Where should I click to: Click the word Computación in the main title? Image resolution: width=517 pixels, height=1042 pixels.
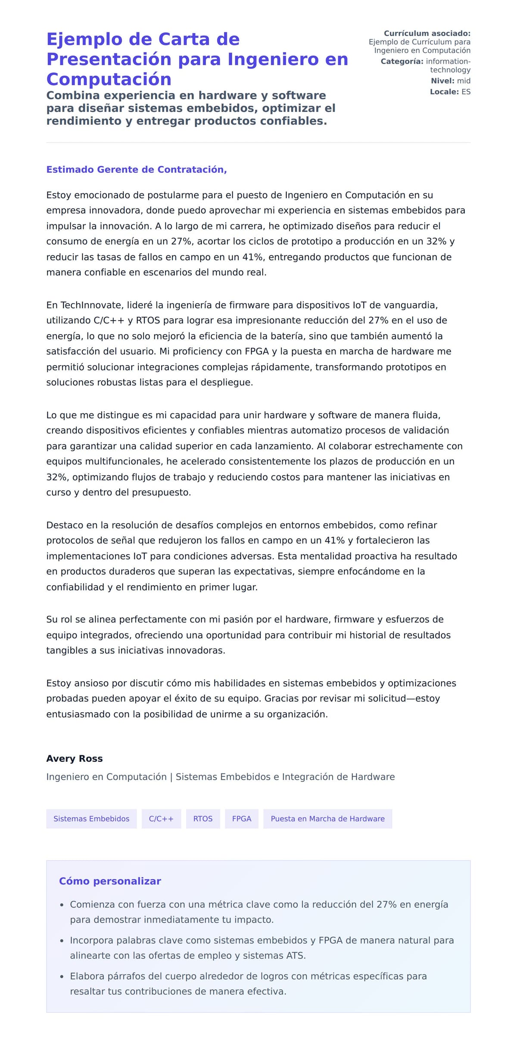tap(109, 80)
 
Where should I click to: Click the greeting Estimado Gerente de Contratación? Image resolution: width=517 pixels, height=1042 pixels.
tap(136, 170)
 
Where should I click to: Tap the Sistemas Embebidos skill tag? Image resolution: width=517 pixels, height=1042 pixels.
tap(91, 819)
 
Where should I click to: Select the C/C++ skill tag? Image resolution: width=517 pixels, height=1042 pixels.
tap(161, 819)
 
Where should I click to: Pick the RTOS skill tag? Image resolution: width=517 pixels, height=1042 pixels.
tap(202, 819)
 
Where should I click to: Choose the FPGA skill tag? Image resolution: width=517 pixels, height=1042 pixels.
tap(241, 819)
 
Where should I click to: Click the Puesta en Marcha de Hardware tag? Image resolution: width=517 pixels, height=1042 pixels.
tap(327, 819)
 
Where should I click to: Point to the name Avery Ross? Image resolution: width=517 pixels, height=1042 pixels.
tap(75, 759)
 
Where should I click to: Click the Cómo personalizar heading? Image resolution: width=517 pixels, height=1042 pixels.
tap(110, 881)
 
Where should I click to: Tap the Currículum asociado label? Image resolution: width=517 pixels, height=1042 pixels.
tap(427, 33)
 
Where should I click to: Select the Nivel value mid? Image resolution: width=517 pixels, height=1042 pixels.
tap(464, 81)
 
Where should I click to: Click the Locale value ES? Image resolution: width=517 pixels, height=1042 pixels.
tap(466, 92)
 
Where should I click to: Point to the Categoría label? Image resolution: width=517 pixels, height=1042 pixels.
tap(402, 62)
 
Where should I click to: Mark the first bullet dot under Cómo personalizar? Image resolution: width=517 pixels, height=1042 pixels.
tap(62, 905)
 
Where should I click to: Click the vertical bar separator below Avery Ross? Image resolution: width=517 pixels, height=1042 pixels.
tap(171, 777)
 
